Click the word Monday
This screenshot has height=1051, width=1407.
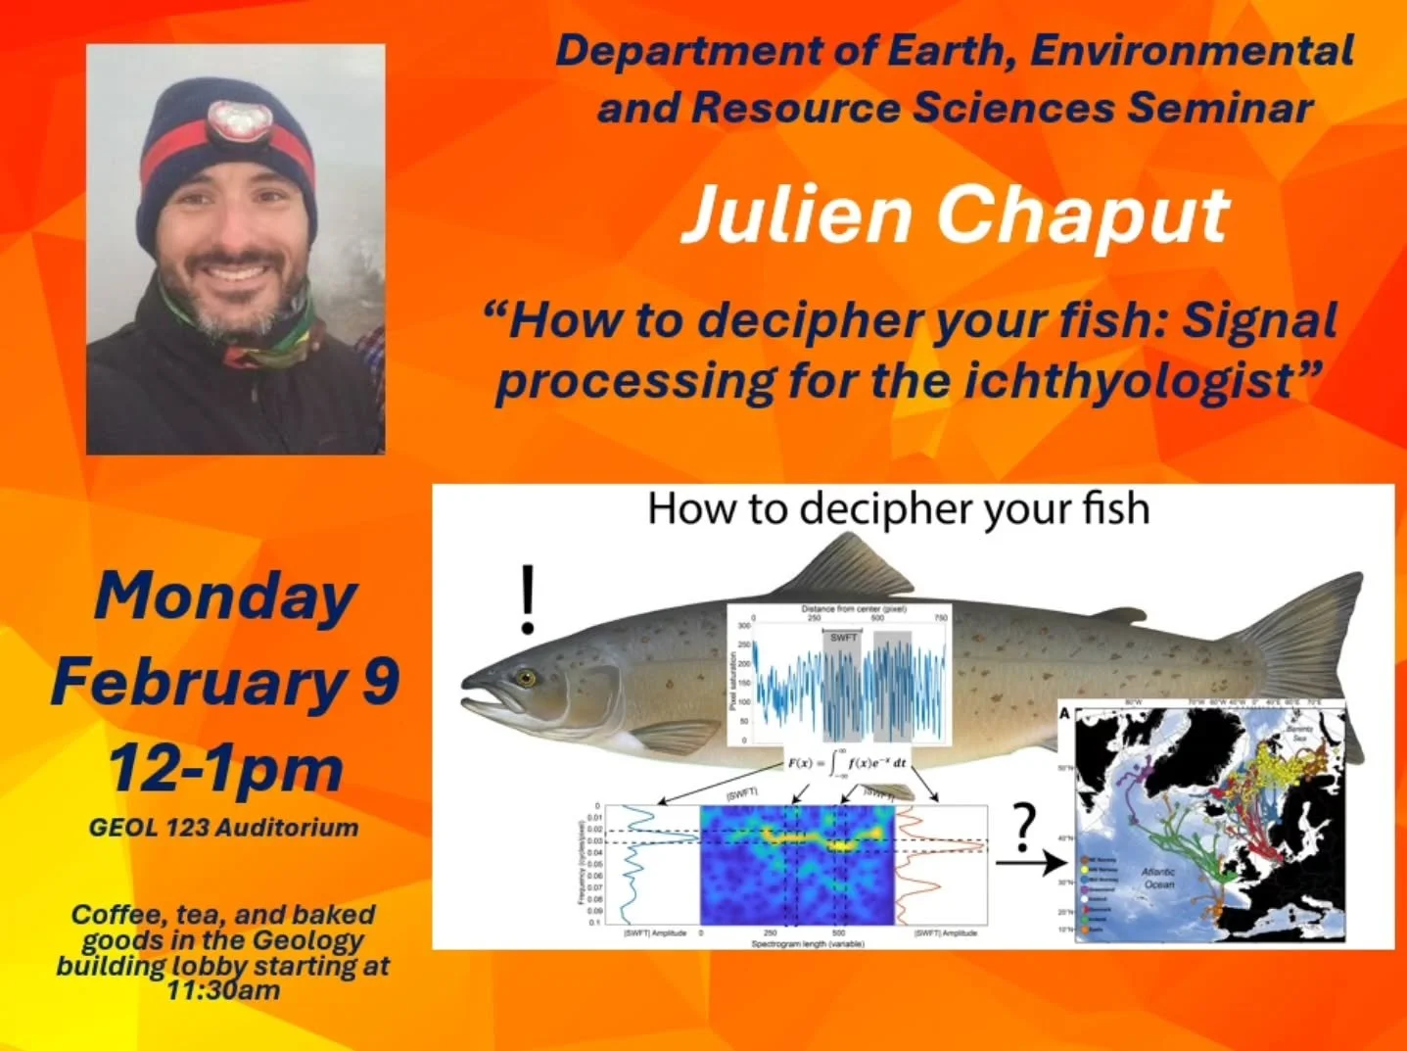pyautogui.click(x=225, y=597)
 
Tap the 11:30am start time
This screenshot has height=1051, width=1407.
pyautogui.click(x=223, y=989)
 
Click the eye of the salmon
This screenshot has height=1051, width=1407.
pyautogui.click(x=529, y=678)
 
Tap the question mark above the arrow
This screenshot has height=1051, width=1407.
pyautogui.click(x=1024, y=828)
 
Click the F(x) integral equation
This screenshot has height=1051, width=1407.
pyautogui.click(x=847, y=763)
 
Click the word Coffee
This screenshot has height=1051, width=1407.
pyautogui.click(x=117, y=915)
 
